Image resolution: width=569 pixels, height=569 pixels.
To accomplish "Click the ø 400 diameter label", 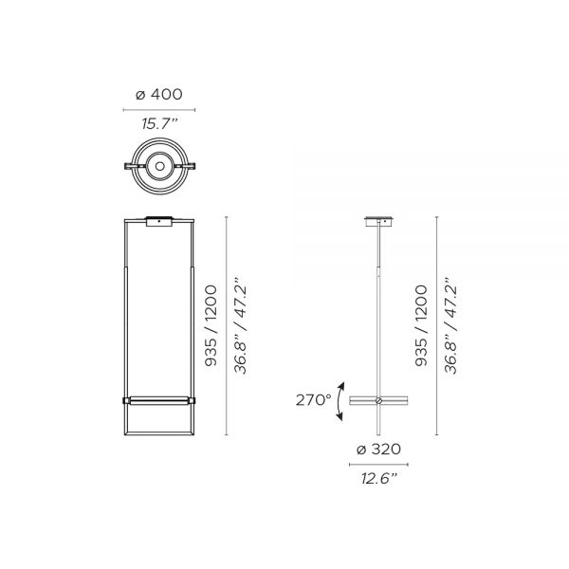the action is pos(159,94).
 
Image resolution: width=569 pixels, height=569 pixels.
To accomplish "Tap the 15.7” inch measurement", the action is pos(159,123).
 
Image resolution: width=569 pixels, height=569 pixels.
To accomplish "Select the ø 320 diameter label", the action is pos(378,450).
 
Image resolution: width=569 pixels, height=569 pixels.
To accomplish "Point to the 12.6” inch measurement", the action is pos(378,478).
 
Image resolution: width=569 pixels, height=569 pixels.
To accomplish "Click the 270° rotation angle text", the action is pos(314,400).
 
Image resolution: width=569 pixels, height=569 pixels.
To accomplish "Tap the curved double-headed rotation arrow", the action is pos(339,401).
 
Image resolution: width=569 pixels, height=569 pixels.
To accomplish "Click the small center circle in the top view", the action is pos(159,166).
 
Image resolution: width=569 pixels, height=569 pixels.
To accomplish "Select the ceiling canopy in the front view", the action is pos(159,221).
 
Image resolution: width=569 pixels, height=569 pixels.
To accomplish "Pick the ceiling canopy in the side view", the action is pos(378,221).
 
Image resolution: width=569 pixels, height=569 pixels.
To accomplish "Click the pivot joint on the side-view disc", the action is pos(378,400).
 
